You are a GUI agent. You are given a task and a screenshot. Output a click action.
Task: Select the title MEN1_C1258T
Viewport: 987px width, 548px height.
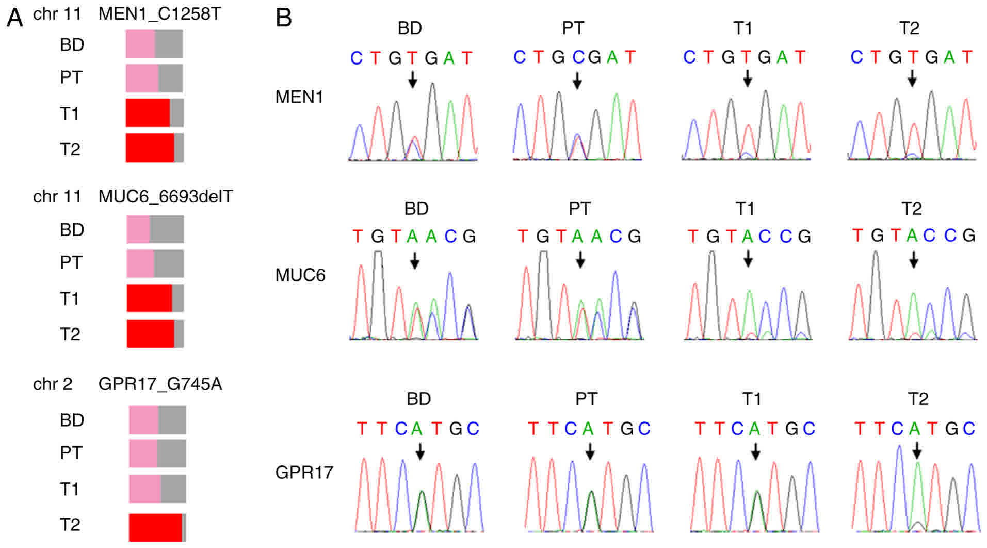[159, 14]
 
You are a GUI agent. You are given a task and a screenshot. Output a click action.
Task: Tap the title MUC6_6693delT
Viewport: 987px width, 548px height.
[166, 197]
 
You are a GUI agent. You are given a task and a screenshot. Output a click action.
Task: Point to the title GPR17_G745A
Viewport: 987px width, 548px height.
[160, 384]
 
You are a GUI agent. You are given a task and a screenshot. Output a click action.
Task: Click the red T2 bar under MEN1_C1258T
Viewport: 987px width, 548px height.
[150, 148]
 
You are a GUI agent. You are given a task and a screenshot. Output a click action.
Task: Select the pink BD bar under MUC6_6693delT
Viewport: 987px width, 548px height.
[138, 229]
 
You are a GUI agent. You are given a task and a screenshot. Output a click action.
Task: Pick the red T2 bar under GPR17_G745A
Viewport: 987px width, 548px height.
[155, 527]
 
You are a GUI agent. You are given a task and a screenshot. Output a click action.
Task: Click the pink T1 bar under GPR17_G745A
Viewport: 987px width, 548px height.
[145, 489]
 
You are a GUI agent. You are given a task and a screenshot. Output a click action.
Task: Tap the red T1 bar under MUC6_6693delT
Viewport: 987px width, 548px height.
[149, 298]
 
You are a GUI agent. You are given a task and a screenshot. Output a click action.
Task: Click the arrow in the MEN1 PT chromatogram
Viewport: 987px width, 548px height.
[577, 80]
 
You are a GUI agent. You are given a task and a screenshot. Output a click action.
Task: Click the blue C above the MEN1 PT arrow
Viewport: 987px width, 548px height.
[578, 57]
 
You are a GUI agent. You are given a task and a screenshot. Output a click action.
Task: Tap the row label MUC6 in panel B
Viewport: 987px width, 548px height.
[300, 275]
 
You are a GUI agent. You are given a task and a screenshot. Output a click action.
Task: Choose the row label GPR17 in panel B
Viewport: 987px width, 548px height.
[304, 472]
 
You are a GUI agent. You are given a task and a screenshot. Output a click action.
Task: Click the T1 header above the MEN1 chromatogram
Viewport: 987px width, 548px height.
[742, 28]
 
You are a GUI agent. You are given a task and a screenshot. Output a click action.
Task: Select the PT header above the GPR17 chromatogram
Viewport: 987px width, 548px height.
[586, 399]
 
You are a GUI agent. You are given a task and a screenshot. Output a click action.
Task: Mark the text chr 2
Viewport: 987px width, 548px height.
[53, 384]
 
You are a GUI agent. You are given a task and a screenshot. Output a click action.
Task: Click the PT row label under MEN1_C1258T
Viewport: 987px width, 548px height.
[71, 77]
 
